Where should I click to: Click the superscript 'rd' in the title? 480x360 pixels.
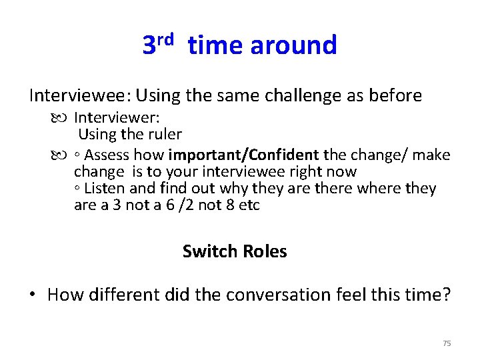[x=166, y=38]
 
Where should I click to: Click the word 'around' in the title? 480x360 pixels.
[x=293, y=45]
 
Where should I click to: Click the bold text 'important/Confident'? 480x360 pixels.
[x=244, y=155]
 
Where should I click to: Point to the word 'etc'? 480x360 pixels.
[x=249, y=205]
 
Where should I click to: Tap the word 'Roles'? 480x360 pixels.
[x=265, y=251]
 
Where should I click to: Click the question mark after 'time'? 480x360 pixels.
[x=446, y=295]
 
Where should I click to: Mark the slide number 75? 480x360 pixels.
[x=447, y=343]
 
